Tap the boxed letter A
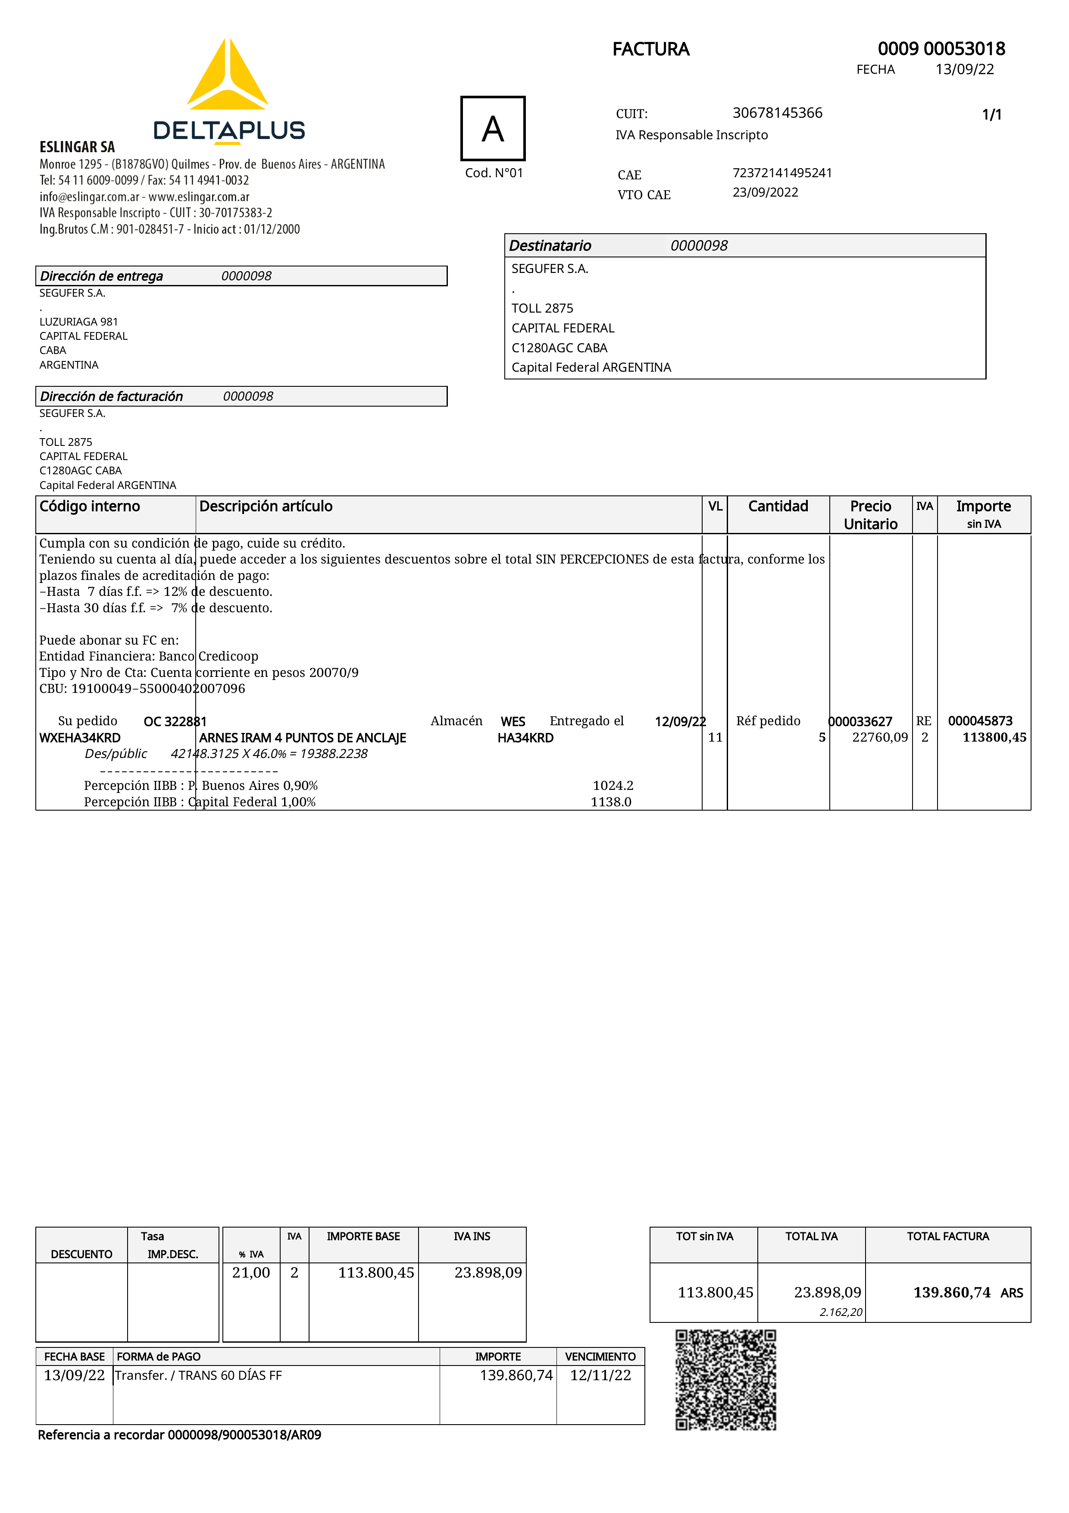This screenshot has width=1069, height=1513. (493, 128)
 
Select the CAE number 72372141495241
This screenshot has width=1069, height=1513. (782, 172)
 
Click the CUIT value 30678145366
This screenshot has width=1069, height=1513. (777, 113)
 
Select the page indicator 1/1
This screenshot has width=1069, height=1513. (991, 115)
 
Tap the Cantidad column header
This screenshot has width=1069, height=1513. (778, 506)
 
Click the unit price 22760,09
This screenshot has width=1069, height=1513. (879, 737)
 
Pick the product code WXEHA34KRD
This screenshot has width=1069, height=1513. (80, 738)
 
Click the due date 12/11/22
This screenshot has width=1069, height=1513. (600, 1375)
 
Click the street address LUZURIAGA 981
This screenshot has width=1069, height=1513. (78, 322)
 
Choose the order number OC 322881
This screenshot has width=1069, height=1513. (175, 721)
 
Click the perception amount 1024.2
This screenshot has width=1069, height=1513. (613, 786)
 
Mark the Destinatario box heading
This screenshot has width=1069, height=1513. (550, 246)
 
